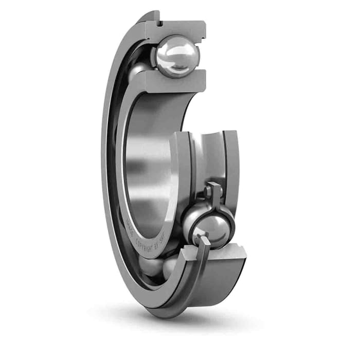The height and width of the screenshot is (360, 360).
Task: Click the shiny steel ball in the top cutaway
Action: click(176, 56)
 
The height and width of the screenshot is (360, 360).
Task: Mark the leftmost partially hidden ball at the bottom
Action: click(149, 267)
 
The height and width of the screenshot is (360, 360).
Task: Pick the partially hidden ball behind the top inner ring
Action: click(138, 72)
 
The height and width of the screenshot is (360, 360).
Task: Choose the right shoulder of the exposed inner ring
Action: click(231, 154)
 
